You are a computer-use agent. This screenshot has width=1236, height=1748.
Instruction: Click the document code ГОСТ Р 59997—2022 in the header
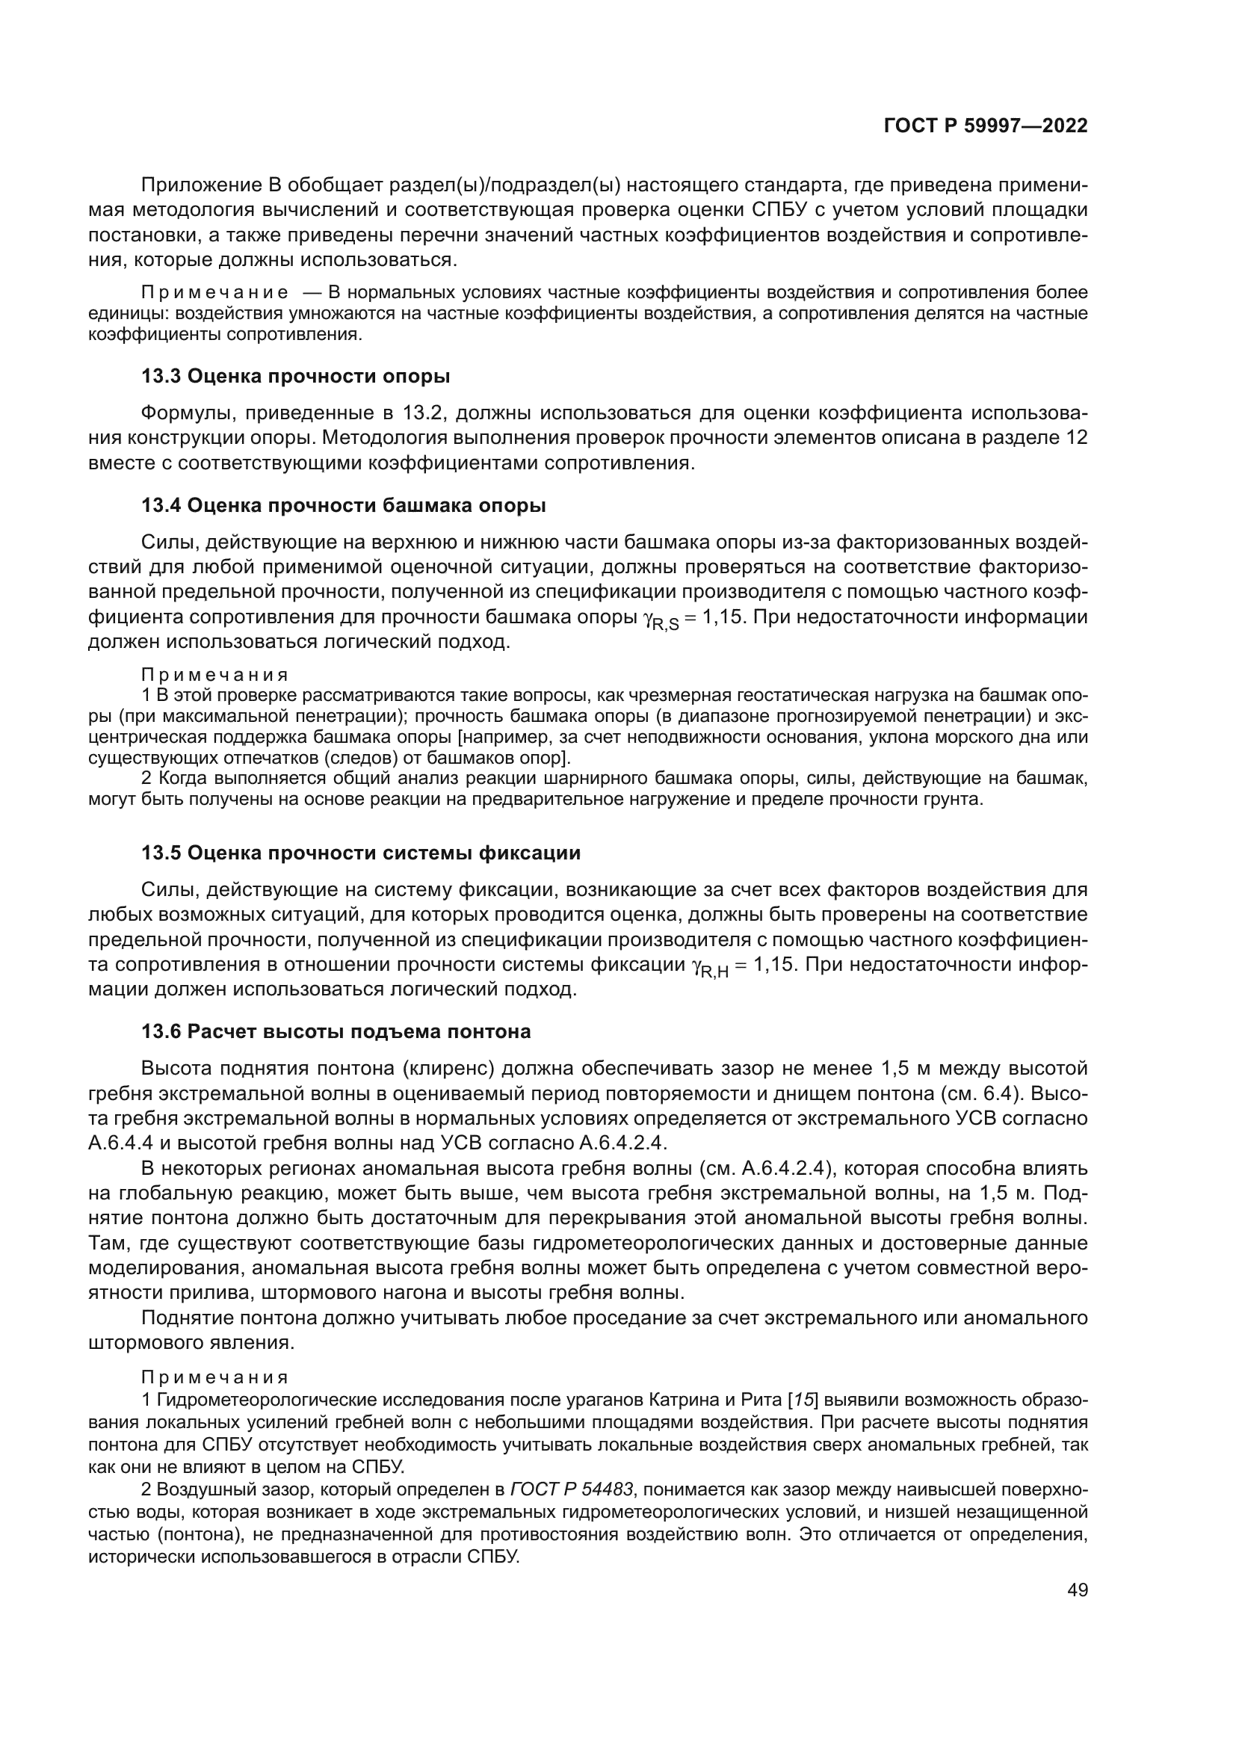pos(986,126)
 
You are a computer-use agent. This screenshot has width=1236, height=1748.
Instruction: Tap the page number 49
pos(1077,1590)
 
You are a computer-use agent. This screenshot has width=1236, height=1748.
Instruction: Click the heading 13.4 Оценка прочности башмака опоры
pos(343,505)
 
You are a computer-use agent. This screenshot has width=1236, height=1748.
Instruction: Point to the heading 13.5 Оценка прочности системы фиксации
pos(361,853)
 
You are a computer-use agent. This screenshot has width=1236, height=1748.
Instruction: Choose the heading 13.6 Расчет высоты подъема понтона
pos(336,1031)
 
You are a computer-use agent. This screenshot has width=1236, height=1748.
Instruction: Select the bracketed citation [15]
pos(803,1400)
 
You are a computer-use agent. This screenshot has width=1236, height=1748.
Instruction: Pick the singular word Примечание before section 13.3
pos(214,293)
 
